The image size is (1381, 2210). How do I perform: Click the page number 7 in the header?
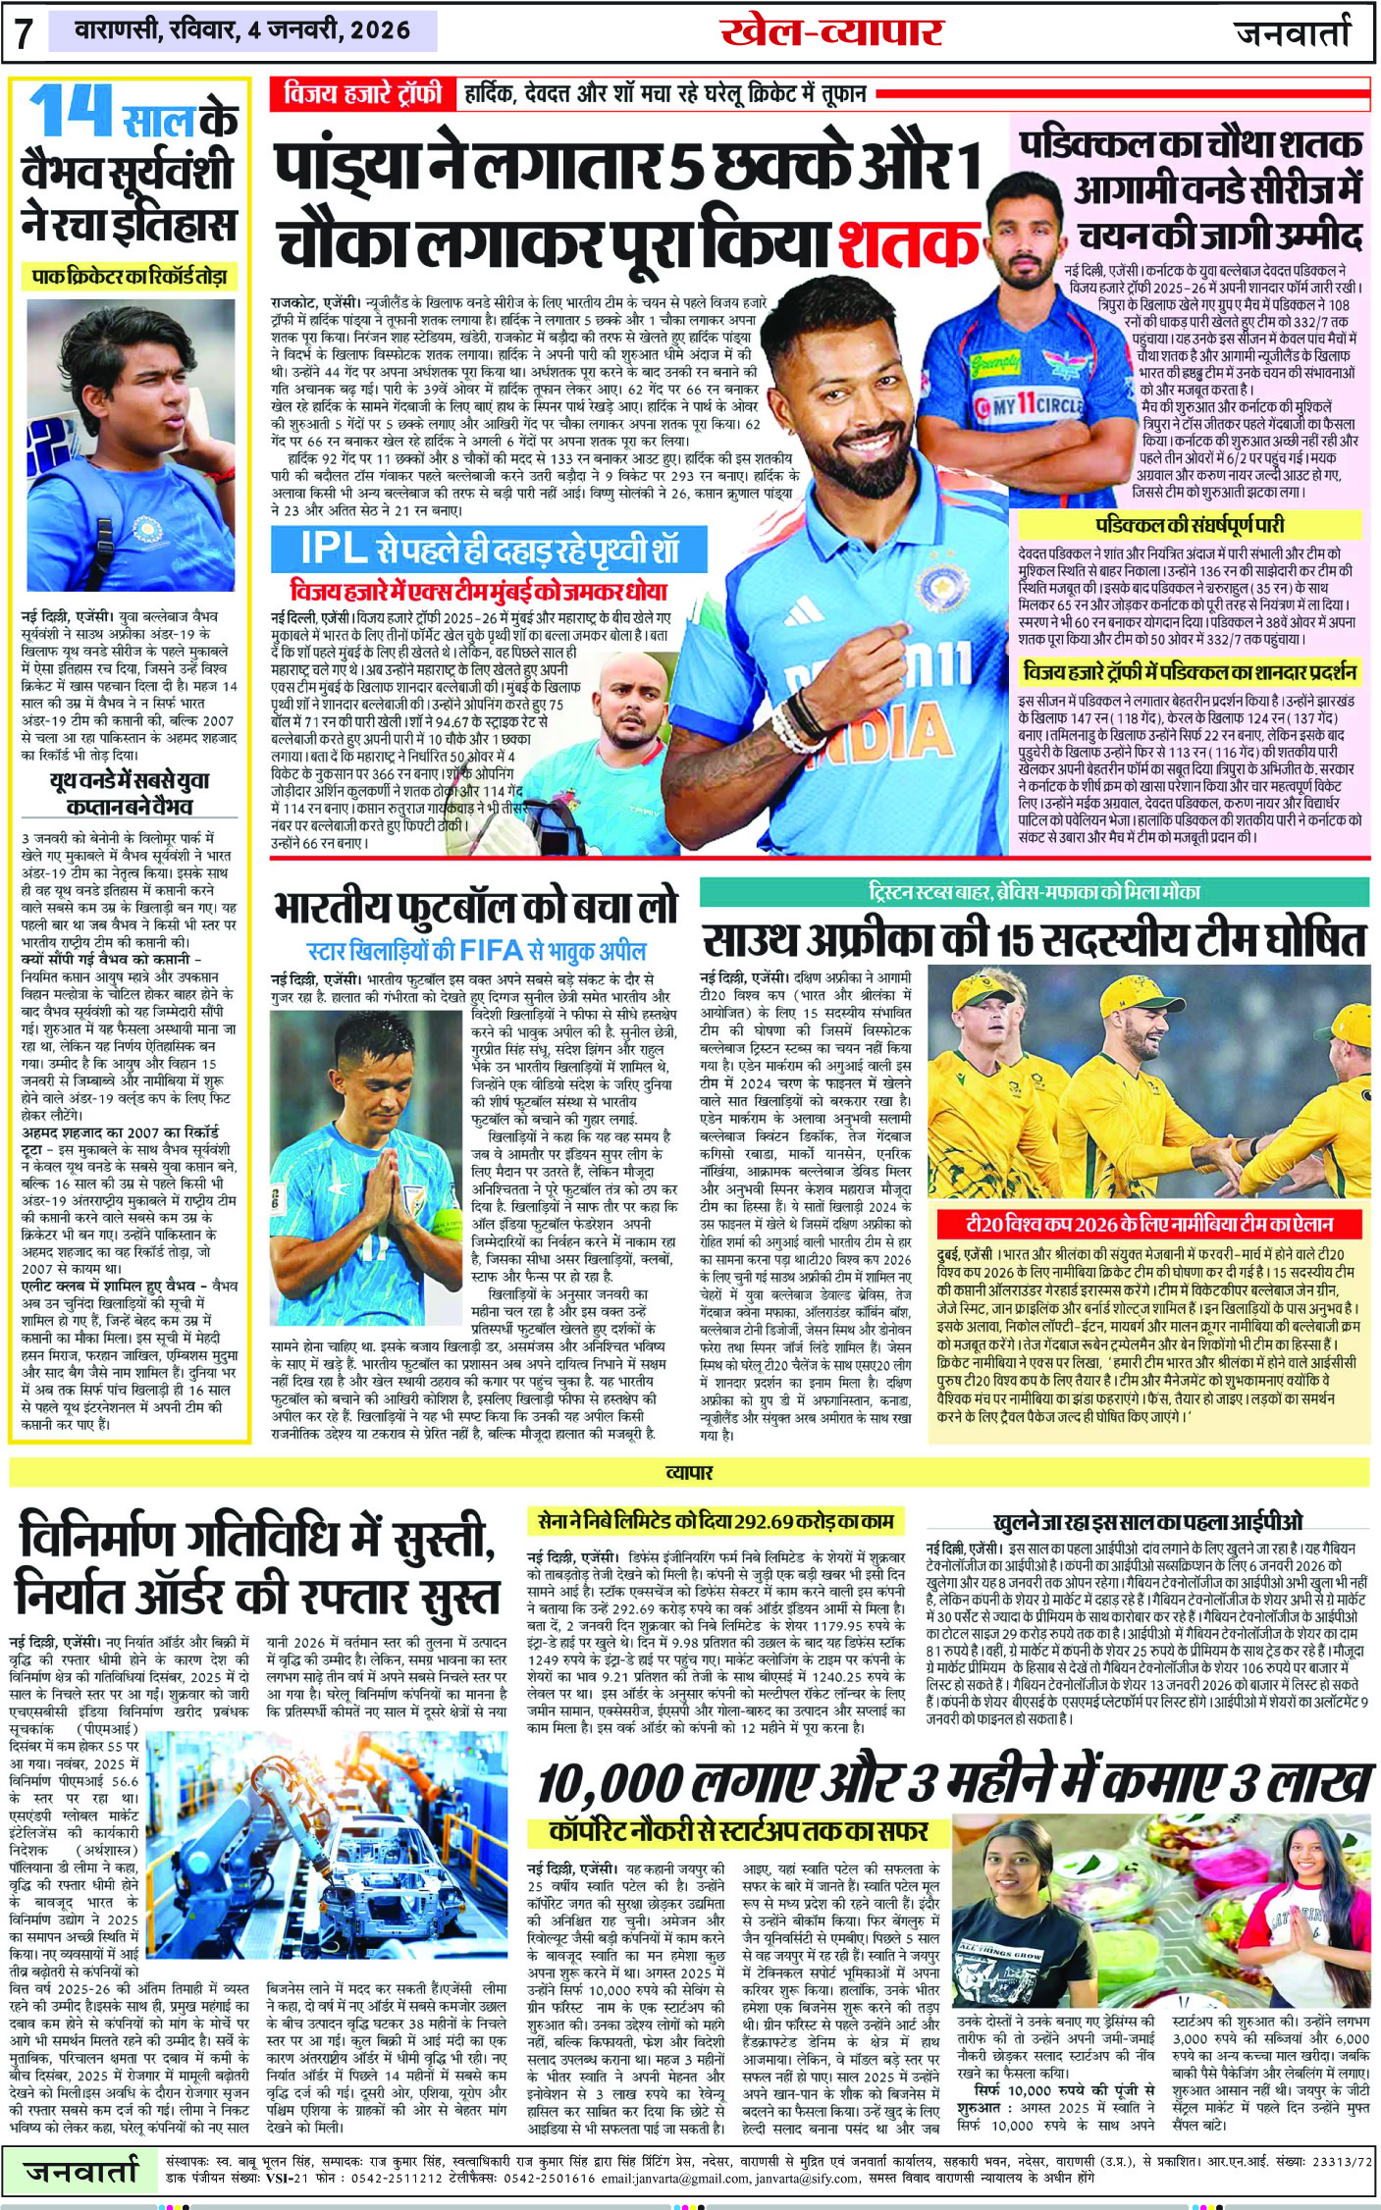tap(25, 33)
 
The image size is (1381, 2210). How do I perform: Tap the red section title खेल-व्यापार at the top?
tap(830, 31)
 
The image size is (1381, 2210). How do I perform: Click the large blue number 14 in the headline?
tap(71, 112)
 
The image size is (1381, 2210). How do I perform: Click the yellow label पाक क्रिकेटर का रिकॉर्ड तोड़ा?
tap(130, 277)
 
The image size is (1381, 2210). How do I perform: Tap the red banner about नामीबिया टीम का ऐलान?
tap(1148, 1224)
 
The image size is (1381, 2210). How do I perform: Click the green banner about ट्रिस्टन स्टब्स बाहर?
tap(1034, 892)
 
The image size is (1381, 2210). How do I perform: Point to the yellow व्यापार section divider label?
tap(689, 1472)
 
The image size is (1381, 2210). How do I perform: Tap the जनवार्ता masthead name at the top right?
tap(1293, 33)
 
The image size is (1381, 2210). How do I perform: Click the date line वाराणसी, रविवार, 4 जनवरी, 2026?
tap(243, 30)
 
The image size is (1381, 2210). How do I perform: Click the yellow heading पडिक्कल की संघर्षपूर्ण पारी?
tap(1189, 525)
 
